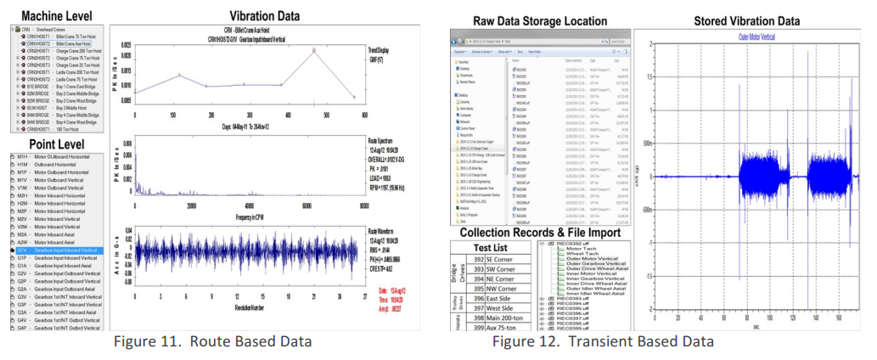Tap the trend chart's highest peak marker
[x=314, y=50]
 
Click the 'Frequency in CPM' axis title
[x=247, y=217]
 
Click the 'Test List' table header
[x=498, y=248]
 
